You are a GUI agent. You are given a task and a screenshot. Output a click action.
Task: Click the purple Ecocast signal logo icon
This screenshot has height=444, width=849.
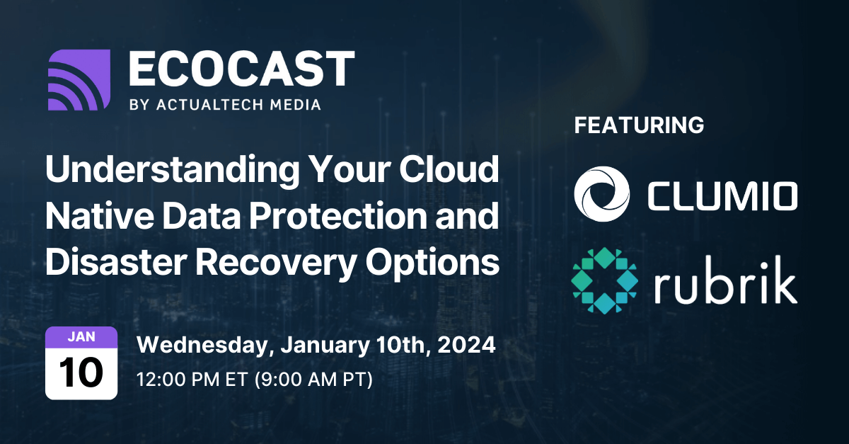79,80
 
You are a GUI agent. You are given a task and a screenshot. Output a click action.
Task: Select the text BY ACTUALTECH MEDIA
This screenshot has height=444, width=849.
225,104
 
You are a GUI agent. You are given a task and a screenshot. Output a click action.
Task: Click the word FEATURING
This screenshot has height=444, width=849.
639,125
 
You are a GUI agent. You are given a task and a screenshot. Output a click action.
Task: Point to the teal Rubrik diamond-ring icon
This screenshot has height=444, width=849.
602,280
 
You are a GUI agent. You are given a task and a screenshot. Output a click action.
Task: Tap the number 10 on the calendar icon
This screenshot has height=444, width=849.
81,372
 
